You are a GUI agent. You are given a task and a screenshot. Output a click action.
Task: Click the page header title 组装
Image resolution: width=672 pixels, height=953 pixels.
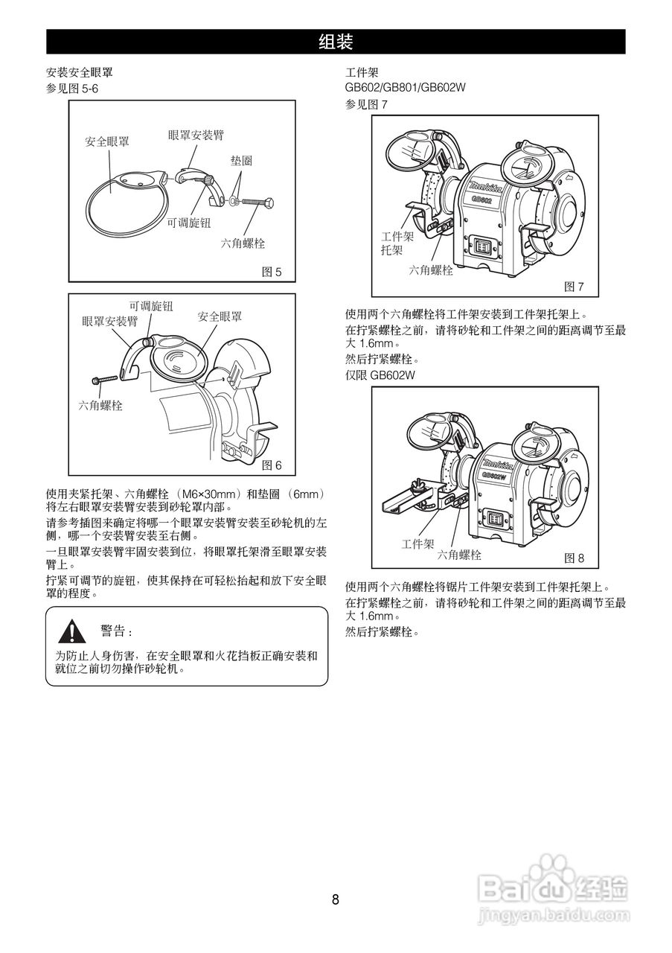[x=336, y=42]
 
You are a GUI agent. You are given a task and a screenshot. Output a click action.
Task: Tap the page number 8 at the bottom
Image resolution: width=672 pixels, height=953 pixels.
[x=336, y=899]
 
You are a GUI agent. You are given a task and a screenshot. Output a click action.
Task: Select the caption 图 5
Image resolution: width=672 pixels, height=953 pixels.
[x=272, y=272]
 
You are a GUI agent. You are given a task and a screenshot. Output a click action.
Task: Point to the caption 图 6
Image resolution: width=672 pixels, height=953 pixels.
[x=272, y=465]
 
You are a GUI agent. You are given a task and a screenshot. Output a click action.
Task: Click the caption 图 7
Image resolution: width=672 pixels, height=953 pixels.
[x=574, y=287]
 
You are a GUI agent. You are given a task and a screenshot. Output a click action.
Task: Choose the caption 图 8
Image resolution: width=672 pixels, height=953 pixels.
[x=575, y=557]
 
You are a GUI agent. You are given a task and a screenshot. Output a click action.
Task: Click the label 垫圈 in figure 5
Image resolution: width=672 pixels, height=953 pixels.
[x=240, y=162]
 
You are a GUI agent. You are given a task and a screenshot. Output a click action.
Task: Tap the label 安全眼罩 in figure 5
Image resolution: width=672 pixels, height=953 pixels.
[x=106, y=141]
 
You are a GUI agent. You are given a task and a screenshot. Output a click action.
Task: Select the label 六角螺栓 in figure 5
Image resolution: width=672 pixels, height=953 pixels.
[x=243, y=243]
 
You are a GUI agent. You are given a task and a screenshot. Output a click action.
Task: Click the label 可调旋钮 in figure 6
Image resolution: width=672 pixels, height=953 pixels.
[x=151, y=306]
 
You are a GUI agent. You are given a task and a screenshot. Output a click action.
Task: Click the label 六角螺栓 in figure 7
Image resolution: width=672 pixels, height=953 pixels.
[x=431, y=270]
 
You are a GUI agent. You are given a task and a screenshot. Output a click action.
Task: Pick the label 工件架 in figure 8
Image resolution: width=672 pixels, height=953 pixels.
[x=417, y=544]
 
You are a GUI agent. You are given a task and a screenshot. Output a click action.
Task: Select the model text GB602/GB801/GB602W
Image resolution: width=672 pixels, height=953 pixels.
[x=405, y=89]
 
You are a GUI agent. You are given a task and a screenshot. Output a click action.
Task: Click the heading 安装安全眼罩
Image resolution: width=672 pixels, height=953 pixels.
[x=80, y=73]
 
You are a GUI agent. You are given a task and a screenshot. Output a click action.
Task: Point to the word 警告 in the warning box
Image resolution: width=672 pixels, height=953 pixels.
[x=115, y=631]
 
